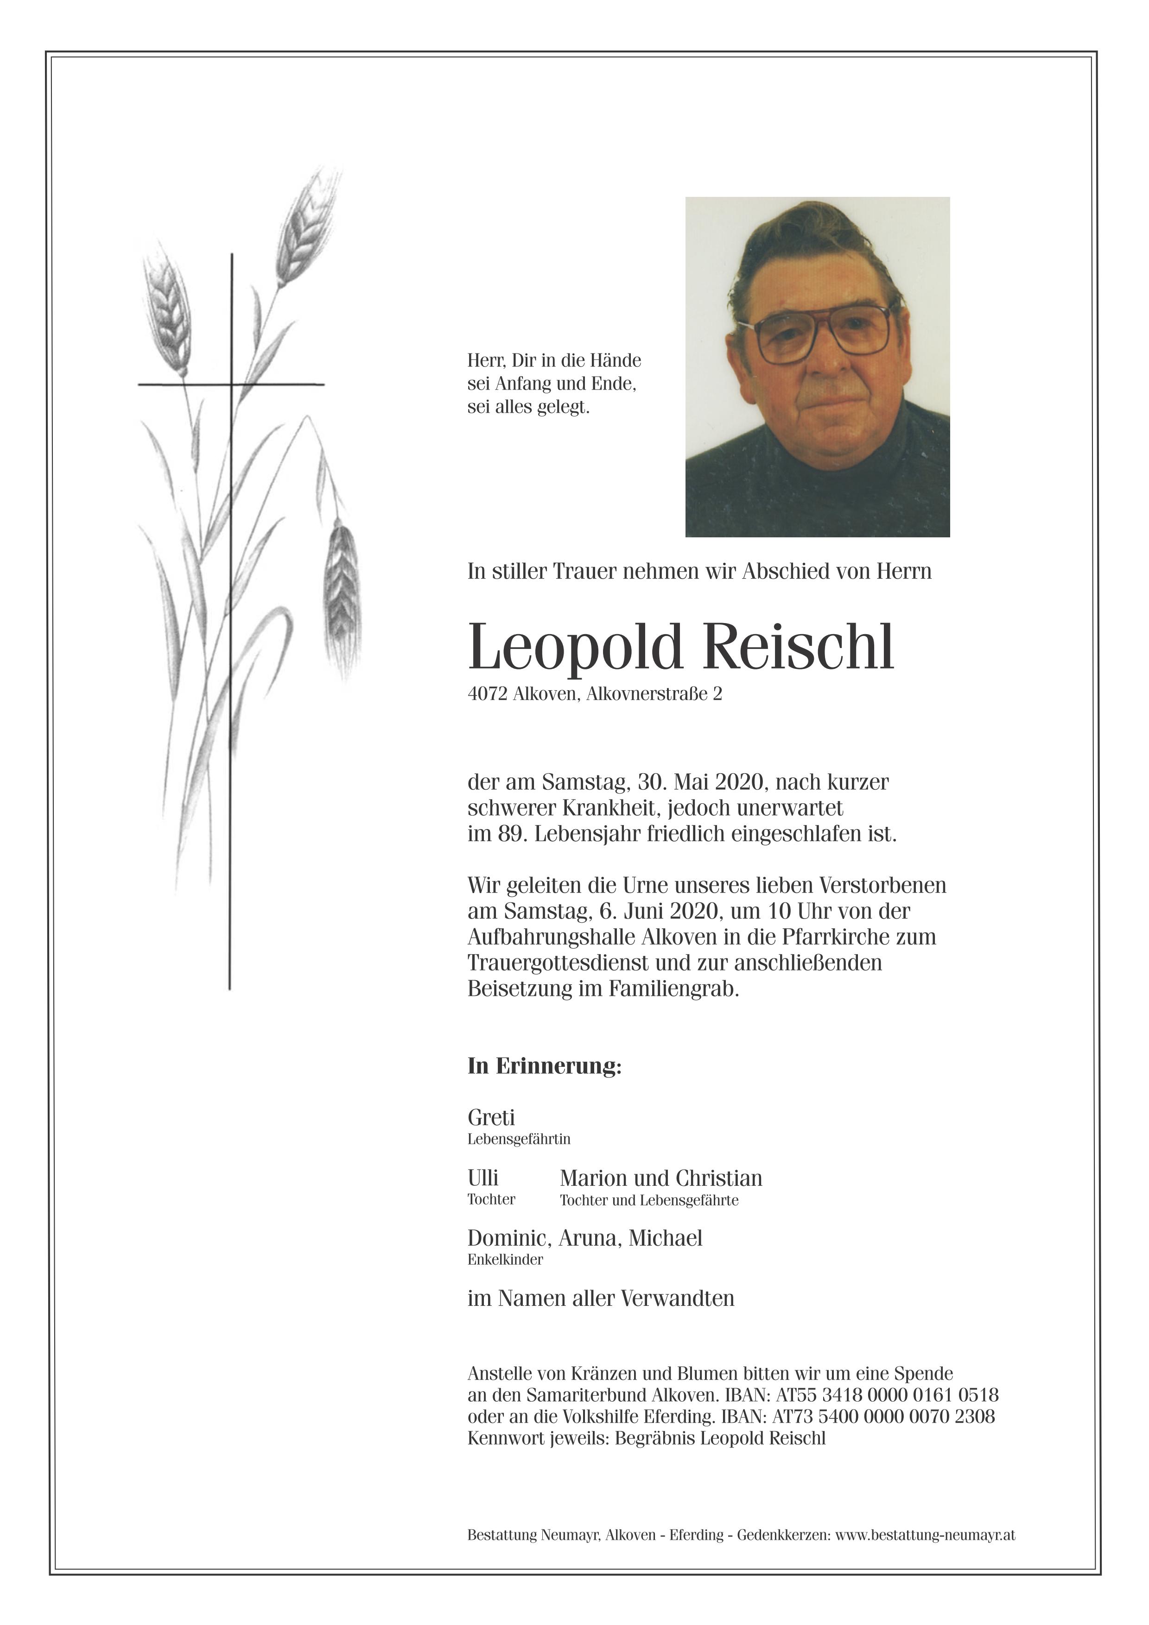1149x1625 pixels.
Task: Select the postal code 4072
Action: pyautogui.click(x=487, y=694)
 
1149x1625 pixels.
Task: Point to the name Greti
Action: pyautogui.click(x=491, y=1118)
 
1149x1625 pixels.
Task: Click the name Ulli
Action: pyautogui.click(x=483, y=1178)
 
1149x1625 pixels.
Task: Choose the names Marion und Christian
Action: pyautogui.click(x=660, y=1178)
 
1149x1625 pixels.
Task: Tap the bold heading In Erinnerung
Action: pyautogui.click(x=544, y=1066)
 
